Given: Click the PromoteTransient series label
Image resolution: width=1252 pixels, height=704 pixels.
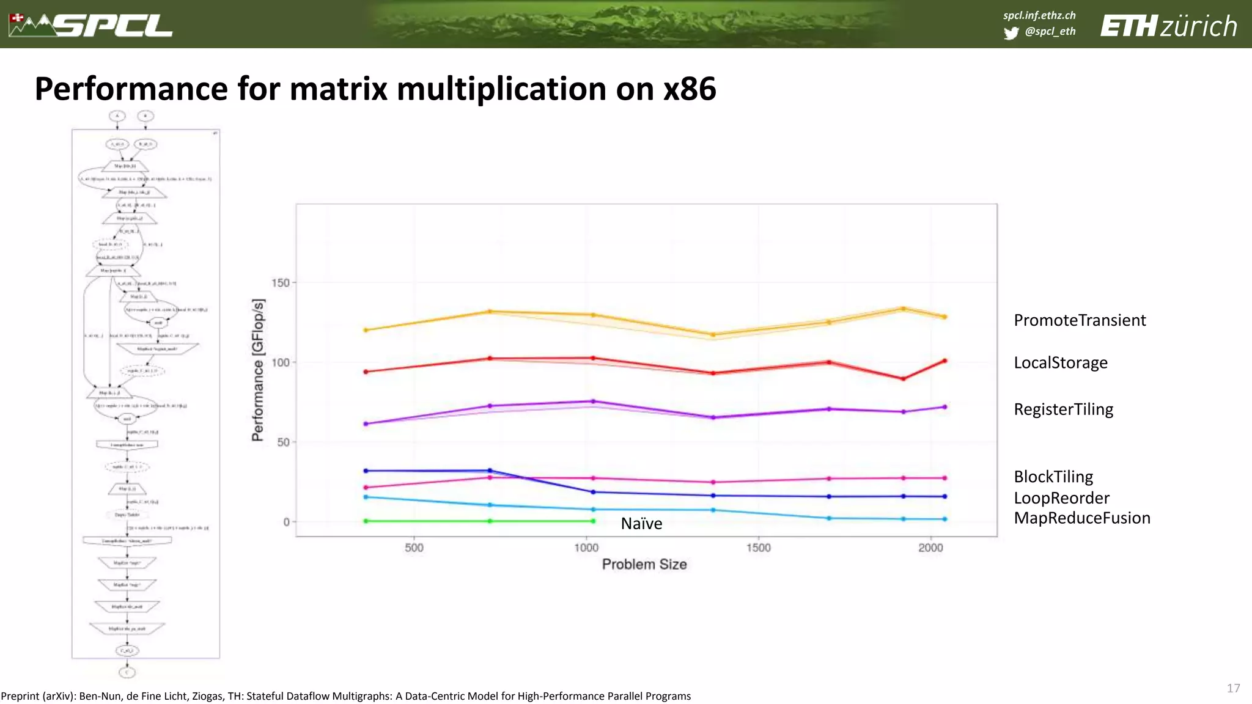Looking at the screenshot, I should (x=1080, y=320).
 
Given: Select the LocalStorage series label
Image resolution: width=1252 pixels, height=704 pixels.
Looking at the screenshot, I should (x=1060, y=362).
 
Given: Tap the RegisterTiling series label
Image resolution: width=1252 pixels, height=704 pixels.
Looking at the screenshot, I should (x=1063, y=409).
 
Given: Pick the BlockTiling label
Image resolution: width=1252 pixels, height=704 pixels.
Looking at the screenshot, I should (x=1053, y=477).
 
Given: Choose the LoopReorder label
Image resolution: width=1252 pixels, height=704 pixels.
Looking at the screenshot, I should (x=1061, y=497).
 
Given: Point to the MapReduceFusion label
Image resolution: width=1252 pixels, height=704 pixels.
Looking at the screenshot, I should (x=1081, y=518).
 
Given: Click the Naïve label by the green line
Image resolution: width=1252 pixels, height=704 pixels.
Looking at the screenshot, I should (x=641, y=524).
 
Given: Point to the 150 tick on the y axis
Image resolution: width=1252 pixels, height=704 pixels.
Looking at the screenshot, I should (x=280, y=282).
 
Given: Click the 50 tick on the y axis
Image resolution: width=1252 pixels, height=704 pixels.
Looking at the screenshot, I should (x=283, y=442).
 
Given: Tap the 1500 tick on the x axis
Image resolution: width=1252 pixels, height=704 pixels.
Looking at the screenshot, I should (x=758, y=548).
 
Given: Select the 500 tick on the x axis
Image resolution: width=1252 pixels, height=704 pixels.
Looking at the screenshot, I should (x=414, y=548).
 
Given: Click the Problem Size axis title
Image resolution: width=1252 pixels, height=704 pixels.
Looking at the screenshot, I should (x=644, y=564).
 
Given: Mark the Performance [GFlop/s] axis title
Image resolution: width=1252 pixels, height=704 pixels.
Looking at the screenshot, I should (x=258, y=370).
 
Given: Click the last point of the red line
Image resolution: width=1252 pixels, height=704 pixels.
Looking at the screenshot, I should (x=945, y=361).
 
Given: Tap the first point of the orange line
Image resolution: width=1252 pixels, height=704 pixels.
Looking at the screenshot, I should (x=366, y=330).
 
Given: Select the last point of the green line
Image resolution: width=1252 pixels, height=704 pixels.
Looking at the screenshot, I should (x=593, y=521).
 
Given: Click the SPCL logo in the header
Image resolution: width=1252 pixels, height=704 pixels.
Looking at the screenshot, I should (x=92, y=25).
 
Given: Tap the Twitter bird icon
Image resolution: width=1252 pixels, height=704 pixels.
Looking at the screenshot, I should (x=1011, y=32).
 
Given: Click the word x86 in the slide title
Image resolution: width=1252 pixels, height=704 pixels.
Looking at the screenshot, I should (x=690, y=89).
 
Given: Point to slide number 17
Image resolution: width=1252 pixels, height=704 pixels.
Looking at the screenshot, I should (x=1233, y=688).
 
